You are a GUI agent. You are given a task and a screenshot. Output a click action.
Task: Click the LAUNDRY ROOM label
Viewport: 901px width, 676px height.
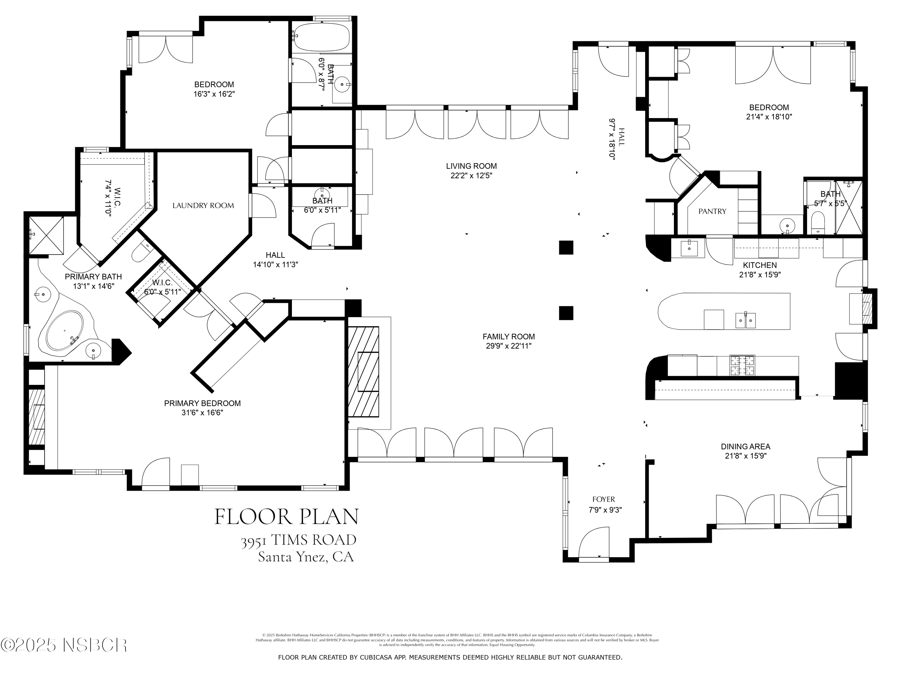(x=203, y=206)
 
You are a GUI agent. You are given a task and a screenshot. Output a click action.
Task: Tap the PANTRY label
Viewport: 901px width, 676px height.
(x=712, y=211)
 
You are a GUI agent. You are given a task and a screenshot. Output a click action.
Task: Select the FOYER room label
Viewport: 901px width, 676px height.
(x=603, y=499)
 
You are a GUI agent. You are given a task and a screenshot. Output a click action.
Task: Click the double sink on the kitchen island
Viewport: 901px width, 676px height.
(x=745, y=320)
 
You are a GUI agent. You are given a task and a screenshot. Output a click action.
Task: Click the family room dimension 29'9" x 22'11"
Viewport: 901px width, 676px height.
(x=508, y=346)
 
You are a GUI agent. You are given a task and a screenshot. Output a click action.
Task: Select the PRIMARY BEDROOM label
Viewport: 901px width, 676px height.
(x=202, y=403)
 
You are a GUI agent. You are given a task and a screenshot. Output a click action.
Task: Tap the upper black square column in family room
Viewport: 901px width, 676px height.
(x=566, y=247)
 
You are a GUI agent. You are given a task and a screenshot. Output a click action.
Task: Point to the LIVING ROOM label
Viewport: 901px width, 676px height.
(x=471, y=166)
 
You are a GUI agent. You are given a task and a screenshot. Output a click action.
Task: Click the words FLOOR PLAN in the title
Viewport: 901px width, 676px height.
(x=286, y=517)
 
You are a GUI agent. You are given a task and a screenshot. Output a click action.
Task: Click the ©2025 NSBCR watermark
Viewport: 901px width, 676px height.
(x=64, y=645)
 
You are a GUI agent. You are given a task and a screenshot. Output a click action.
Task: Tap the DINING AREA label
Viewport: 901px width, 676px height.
(x=745, y=446)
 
